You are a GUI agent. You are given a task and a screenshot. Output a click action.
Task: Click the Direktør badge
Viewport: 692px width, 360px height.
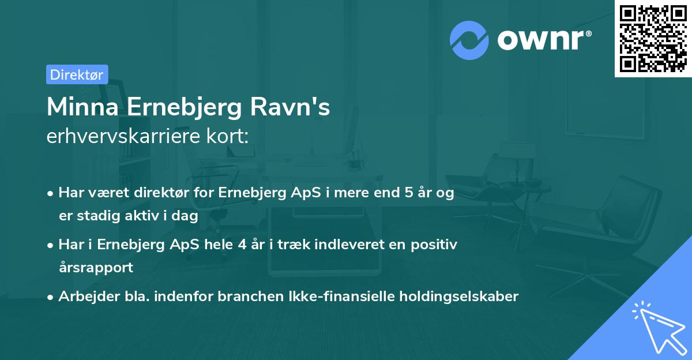point(77,74)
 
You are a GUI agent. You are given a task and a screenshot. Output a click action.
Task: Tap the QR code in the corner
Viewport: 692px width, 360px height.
point(653,38)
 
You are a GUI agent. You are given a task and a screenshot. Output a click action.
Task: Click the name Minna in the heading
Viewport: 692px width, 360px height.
point(83,108)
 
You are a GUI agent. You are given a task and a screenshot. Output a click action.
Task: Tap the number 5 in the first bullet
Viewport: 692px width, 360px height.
point(402,193)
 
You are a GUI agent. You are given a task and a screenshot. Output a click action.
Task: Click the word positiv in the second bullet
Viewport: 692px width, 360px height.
point(437,245)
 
